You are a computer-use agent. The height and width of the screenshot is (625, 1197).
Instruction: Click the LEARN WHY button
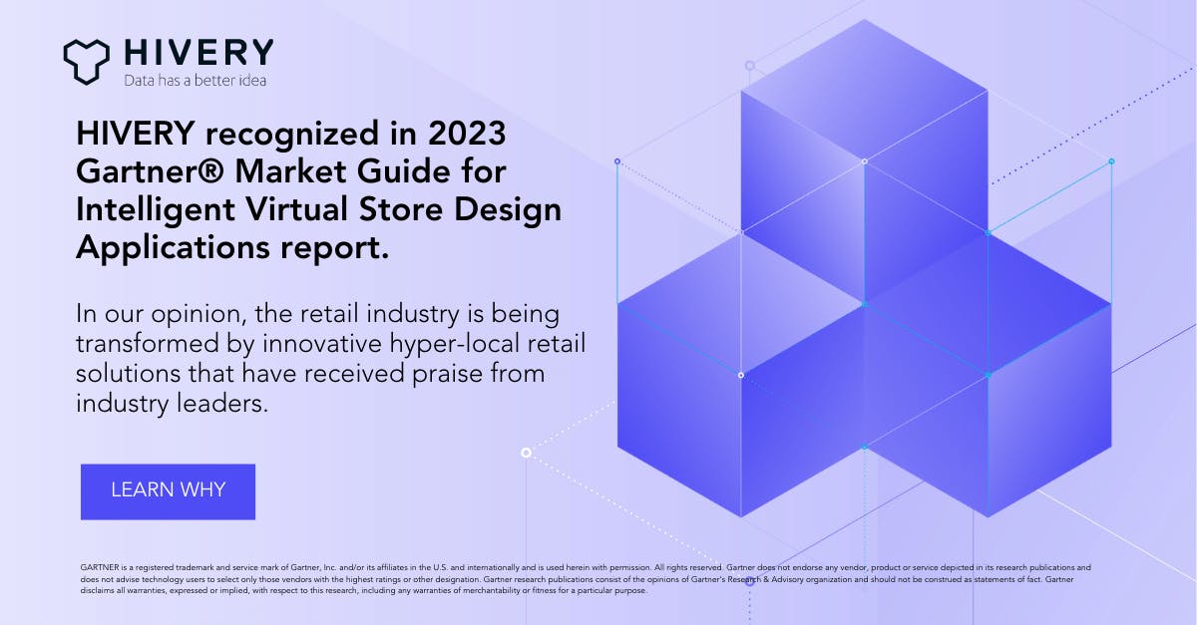pos(168,490)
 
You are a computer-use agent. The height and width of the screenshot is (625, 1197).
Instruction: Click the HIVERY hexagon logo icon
pos(86,60)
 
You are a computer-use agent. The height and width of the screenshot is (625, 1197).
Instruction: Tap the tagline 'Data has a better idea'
pos(195,80)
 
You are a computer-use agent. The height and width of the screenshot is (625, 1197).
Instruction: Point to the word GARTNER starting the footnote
pos(99,567)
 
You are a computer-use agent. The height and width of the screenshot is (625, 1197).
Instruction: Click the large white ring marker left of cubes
pos(526,453)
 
